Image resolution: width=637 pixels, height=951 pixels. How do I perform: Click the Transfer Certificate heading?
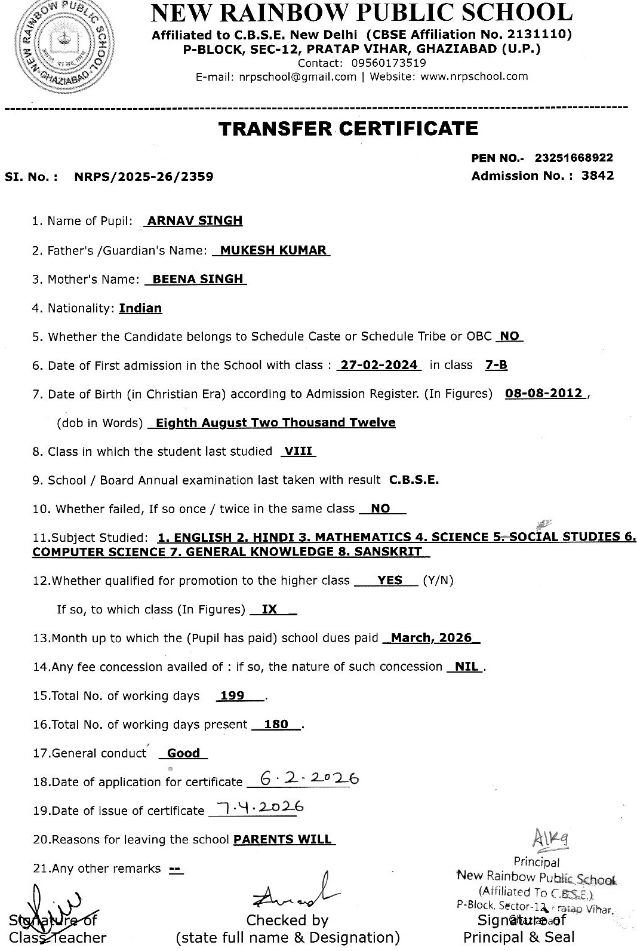coord(348,128)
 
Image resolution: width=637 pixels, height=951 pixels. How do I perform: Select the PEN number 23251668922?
coord(574,158)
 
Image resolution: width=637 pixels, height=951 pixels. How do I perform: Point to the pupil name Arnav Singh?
coord(195,220)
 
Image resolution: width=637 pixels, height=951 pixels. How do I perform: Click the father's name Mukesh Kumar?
coord(273,250)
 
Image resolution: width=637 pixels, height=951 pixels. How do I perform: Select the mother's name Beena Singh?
coord(198,279)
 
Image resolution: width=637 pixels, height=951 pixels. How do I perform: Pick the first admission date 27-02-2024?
coord(378,365)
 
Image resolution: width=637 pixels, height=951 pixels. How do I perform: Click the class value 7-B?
coord(496,365)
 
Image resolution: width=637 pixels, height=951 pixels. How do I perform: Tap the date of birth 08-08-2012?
coord(543,394)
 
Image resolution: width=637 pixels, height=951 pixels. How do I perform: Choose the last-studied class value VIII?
coord(298,452)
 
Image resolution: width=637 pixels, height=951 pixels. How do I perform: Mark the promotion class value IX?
coord(270,609)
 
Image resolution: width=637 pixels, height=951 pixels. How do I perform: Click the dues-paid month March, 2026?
coord(432,638)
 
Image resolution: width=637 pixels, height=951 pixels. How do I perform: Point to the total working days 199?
coord(232,696)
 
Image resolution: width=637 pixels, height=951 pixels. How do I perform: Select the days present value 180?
coord(276,725)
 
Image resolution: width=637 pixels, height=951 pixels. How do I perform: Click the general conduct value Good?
coord(183,753)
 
